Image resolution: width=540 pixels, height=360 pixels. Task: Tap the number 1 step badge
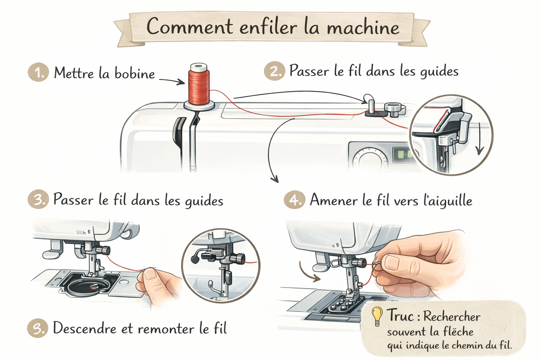pyautogui.click(x=38, y=72)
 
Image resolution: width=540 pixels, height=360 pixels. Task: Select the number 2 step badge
pyautogui.click(x=274, y=71)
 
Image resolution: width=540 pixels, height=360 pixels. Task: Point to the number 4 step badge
pyautogui.click(x=294, y=200)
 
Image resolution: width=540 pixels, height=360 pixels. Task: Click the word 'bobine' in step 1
pyautogui.click(x=135, y=73)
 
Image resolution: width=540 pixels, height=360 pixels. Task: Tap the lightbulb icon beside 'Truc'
pyautogui.click(x=377, y=315)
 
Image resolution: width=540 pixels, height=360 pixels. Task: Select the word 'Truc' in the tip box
pyautogui.click(x=400, y=315)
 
